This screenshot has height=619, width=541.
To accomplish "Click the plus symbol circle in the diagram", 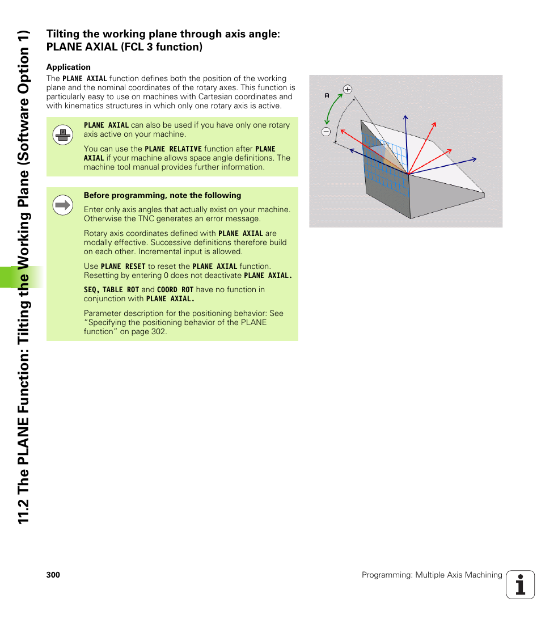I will click(348, 89).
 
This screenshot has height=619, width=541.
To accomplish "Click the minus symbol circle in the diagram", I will click(326, 132).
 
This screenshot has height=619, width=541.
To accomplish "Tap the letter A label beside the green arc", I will click(327, 95).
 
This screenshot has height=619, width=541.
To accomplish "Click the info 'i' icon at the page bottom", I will click(521, 584).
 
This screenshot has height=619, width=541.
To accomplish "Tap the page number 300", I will click(53, 575).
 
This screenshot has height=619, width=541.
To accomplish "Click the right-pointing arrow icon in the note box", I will click(63, 205).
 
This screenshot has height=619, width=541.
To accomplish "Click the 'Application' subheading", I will click(68, 67).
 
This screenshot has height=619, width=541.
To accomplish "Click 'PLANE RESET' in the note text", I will click(123, 266).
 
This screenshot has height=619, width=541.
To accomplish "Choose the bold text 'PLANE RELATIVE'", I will click(173, 149).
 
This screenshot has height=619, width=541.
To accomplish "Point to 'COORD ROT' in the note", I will click(175, 289).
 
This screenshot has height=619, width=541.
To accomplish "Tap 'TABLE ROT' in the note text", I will click(120, 289).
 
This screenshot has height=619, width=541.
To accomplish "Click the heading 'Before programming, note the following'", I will click(162, 195).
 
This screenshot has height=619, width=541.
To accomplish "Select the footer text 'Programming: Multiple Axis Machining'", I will click(432, 575).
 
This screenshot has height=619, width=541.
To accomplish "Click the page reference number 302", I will click(158, 331).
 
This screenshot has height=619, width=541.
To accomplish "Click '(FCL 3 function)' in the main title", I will click(162, 47).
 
